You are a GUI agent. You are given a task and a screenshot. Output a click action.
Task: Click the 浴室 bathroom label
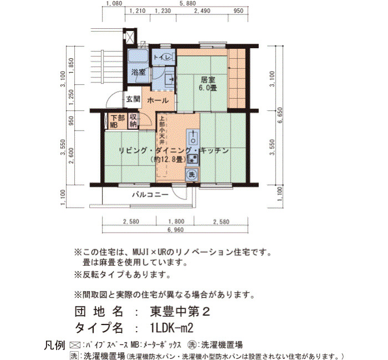pyautogui.click(x=139, y=72)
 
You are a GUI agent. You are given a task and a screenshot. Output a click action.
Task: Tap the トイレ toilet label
pyautogui.click(x=162, y=58)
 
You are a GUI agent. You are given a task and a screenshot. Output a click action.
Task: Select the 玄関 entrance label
pyautogui.click(x=133, y=99)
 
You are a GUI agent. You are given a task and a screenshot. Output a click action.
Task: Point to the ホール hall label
pyautogui.click(x=158, y=100)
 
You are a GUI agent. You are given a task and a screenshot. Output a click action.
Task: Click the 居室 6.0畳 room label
pyautogui.click(x=208, y=84)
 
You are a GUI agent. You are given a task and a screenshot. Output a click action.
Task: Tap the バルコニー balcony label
pyautogui.click(x=150, y=194)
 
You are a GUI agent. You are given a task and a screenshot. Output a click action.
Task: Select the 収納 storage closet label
pyautogui.click(x=133, y=121)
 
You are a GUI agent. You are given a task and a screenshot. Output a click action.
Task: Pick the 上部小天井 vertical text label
pyautogui.click(x=162, y=131)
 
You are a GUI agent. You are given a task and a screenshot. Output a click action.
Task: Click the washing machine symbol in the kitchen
pyautogui.click(x=192, y=174)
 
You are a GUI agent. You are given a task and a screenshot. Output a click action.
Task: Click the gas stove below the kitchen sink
pyautogui.click(x=193, y=160)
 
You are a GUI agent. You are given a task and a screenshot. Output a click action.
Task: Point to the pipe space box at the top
pyautogui.click(x=130, y=37)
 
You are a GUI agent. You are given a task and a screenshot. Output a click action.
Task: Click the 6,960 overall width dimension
pyautogui.click(x=176, y=230)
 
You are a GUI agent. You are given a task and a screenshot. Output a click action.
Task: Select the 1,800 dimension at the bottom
pyautogui.click(x=176, y=222)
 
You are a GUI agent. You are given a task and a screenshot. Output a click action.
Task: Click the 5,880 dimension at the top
pyautogui.click(x=187, y=3)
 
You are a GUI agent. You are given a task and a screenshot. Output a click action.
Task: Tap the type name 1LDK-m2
pyautogui.click(x=171, y=328)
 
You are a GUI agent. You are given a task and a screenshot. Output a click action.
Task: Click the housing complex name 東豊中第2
pyautogui.click(x=180, y=311)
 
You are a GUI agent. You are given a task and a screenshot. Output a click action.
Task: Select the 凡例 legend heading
pyautogui.click(x=54, y=345)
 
